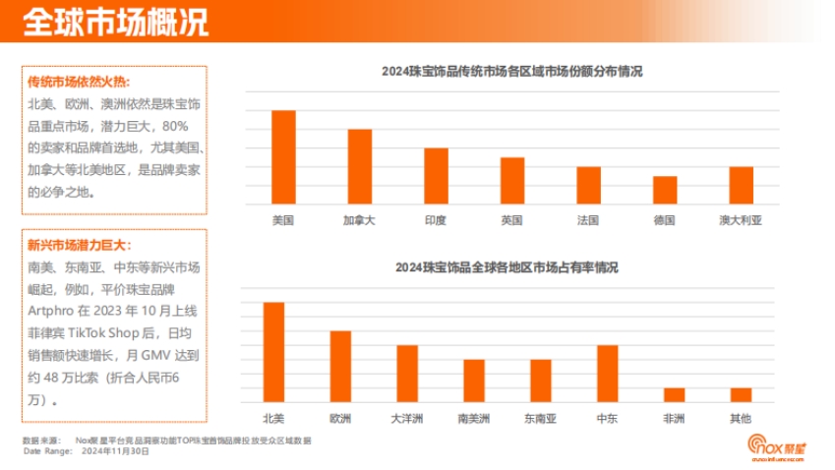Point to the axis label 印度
click(x=436, y=220)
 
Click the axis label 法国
click(x=588, y=220)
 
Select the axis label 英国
click(x=511, y=220)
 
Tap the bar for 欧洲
click(x=340, y=366)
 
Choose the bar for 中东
click(x=607, y=374)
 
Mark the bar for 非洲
click(x=674, y=394)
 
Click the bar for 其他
click(x=741, y=394)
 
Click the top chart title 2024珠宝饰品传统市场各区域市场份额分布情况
click(x=511, y=71)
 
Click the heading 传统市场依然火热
click(x=78, y=82)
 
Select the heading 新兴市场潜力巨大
click(x=78, y=245)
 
